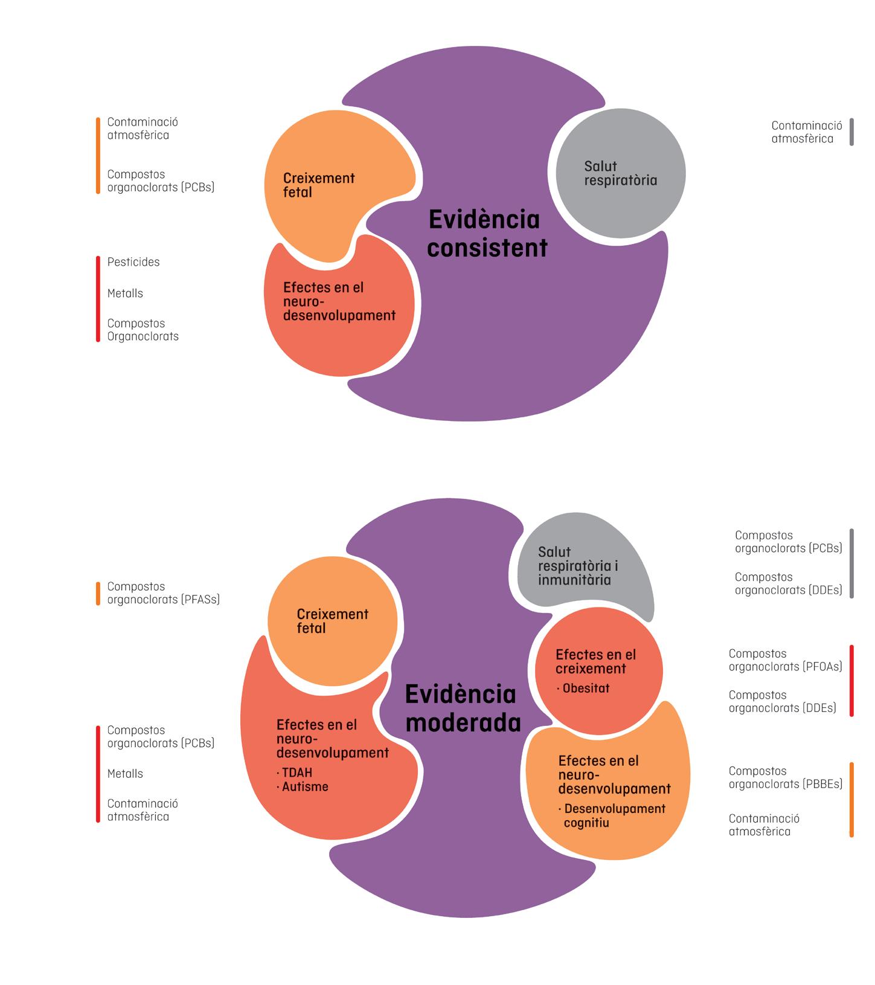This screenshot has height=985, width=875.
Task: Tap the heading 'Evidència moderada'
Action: point(463,708)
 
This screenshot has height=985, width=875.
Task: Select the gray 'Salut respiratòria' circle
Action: point(620,173)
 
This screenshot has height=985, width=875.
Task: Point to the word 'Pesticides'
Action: point(133,262)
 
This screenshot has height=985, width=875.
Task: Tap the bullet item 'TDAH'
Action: point(296,773)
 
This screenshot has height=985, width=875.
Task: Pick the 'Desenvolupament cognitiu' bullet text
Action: point(614,816)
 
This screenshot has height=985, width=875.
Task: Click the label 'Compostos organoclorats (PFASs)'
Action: point(163,593)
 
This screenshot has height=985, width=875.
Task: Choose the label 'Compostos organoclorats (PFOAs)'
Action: point(785,660)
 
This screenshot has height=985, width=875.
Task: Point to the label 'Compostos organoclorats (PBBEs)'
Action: point(785,777)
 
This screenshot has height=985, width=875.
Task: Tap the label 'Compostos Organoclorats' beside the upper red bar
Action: point(143,330)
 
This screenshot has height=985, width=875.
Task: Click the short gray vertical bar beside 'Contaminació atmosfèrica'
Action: point(851,132)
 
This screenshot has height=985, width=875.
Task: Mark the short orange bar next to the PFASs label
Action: point(98,593)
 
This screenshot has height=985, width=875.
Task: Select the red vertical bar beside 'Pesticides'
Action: point(98,299)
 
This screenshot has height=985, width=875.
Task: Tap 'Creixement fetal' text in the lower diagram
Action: point(332,621)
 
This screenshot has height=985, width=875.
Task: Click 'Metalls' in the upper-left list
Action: point(125,294)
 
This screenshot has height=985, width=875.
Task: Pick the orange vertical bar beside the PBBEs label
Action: point(851,800)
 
